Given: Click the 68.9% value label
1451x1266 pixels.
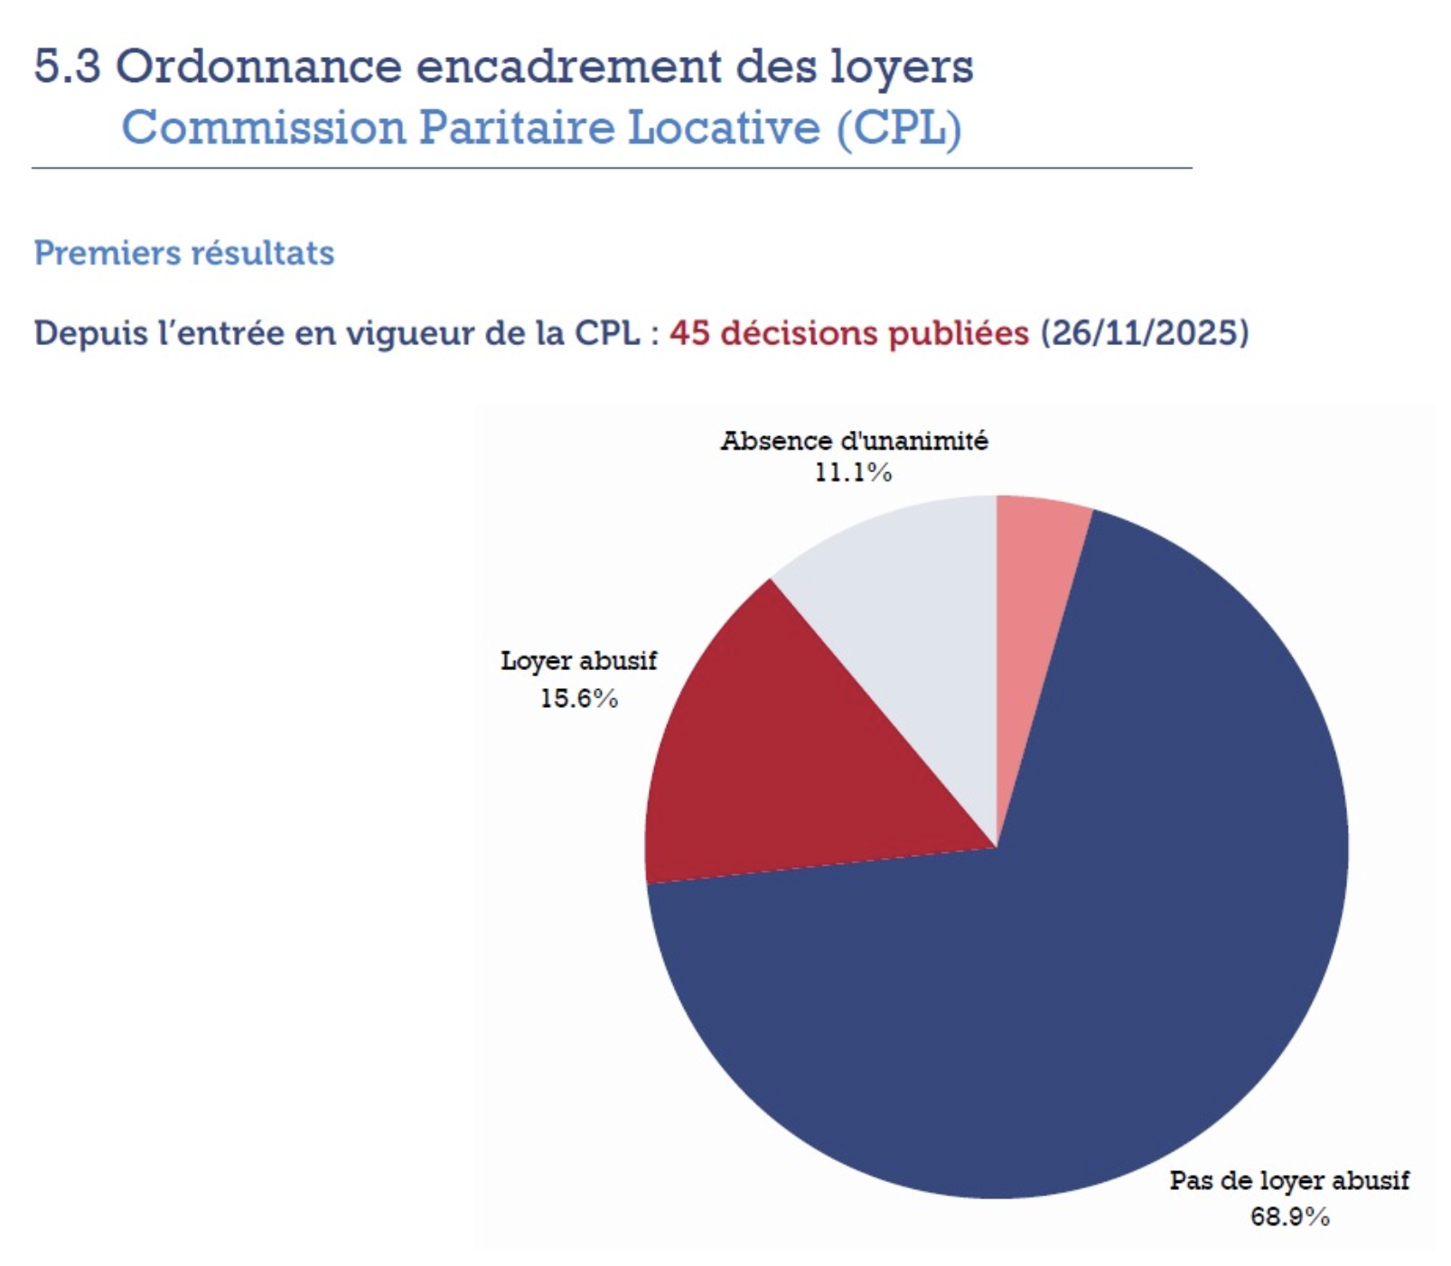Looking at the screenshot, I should pyautogui.click(x=1289, y=1217).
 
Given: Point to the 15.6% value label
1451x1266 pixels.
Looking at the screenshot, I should pyautogui.click(x=579, y=699).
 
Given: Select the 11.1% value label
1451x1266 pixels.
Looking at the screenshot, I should pyautogui.click(x=853, y=472).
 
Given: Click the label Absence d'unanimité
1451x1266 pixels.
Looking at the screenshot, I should pyautogui.click(x=854, y=441).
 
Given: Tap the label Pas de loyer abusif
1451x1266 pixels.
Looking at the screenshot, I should pyautogui.click(x=1289, y=1180).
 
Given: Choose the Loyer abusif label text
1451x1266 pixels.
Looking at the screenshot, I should pyautogui.click(x=579, y=661).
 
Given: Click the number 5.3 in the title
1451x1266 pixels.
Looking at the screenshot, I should pyautogui.click(x=67, y=66).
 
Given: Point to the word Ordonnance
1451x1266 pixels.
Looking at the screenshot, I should pyautogui.click(x=258, y=66).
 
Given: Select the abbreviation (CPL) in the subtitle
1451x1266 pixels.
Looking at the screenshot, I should pyautogui.click(x=898, y=127).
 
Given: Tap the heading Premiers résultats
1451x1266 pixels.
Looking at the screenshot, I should pyautogui.click(x=184, y=253).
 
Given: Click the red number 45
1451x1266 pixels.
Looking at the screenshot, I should pyautogui.click(x=689, y=333).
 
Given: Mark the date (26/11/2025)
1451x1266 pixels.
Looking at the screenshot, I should pyautogui.click(x=1145, y=333).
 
